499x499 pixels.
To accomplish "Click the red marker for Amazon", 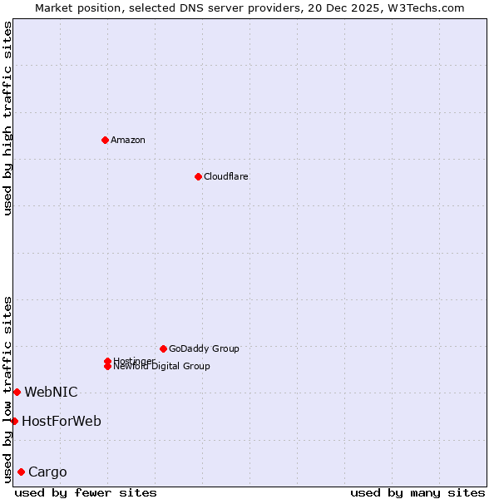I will (105, 140).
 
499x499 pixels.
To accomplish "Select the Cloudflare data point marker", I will (198, 176).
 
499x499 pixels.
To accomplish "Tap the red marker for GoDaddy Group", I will (163, 348).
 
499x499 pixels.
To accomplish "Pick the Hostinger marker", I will (107, 361).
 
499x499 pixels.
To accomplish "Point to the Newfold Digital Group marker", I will (107, 366).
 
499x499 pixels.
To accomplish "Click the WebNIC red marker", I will (17, 392).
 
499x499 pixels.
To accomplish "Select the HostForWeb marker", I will (14, 421).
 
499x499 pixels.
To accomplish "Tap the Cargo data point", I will (21, 472).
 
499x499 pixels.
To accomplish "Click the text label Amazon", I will (127, 140).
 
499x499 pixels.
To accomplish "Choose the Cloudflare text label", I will (225, 176).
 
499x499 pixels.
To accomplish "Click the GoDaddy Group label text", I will (204, 348).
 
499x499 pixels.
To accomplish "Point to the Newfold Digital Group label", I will (161, 367).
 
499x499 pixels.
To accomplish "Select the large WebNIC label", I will (51, 392).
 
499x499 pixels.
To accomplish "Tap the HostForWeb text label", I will (62, 421).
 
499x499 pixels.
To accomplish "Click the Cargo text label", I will (47, 472).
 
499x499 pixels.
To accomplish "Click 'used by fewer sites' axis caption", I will (86, 492).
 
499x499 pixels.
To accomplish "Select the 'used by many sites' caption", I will (417, 492).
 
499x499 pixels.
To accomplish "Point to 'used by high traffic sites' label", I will (7, 117).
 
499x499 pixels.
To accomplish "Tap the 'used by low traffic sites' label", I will (7, 388).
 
